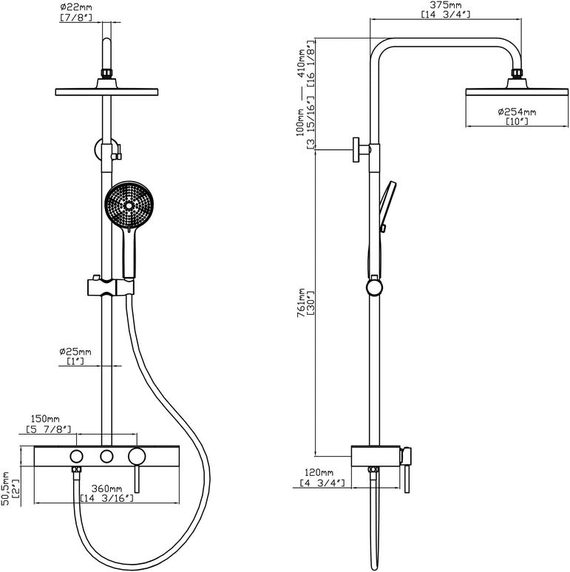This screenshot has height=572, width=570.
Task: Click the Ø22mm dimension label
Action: (76, 7)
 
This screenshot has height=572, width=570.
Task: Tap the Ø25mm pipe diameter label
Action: (76, 352)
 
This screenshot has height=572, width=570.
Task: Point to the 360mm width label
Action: (106, 488)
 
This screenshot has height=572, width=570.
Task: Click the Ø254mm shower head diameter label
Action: (516, 112)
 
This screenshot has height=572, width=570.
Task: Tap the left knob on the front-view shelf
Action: (77, 455)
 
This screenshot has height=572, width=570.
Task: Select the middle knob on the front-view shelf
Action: (107, 455)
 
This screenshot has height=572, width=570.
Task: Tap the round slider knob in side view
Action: (376, 287)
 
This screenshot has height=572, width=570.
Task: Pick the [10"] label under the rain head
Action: (516, 121)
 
